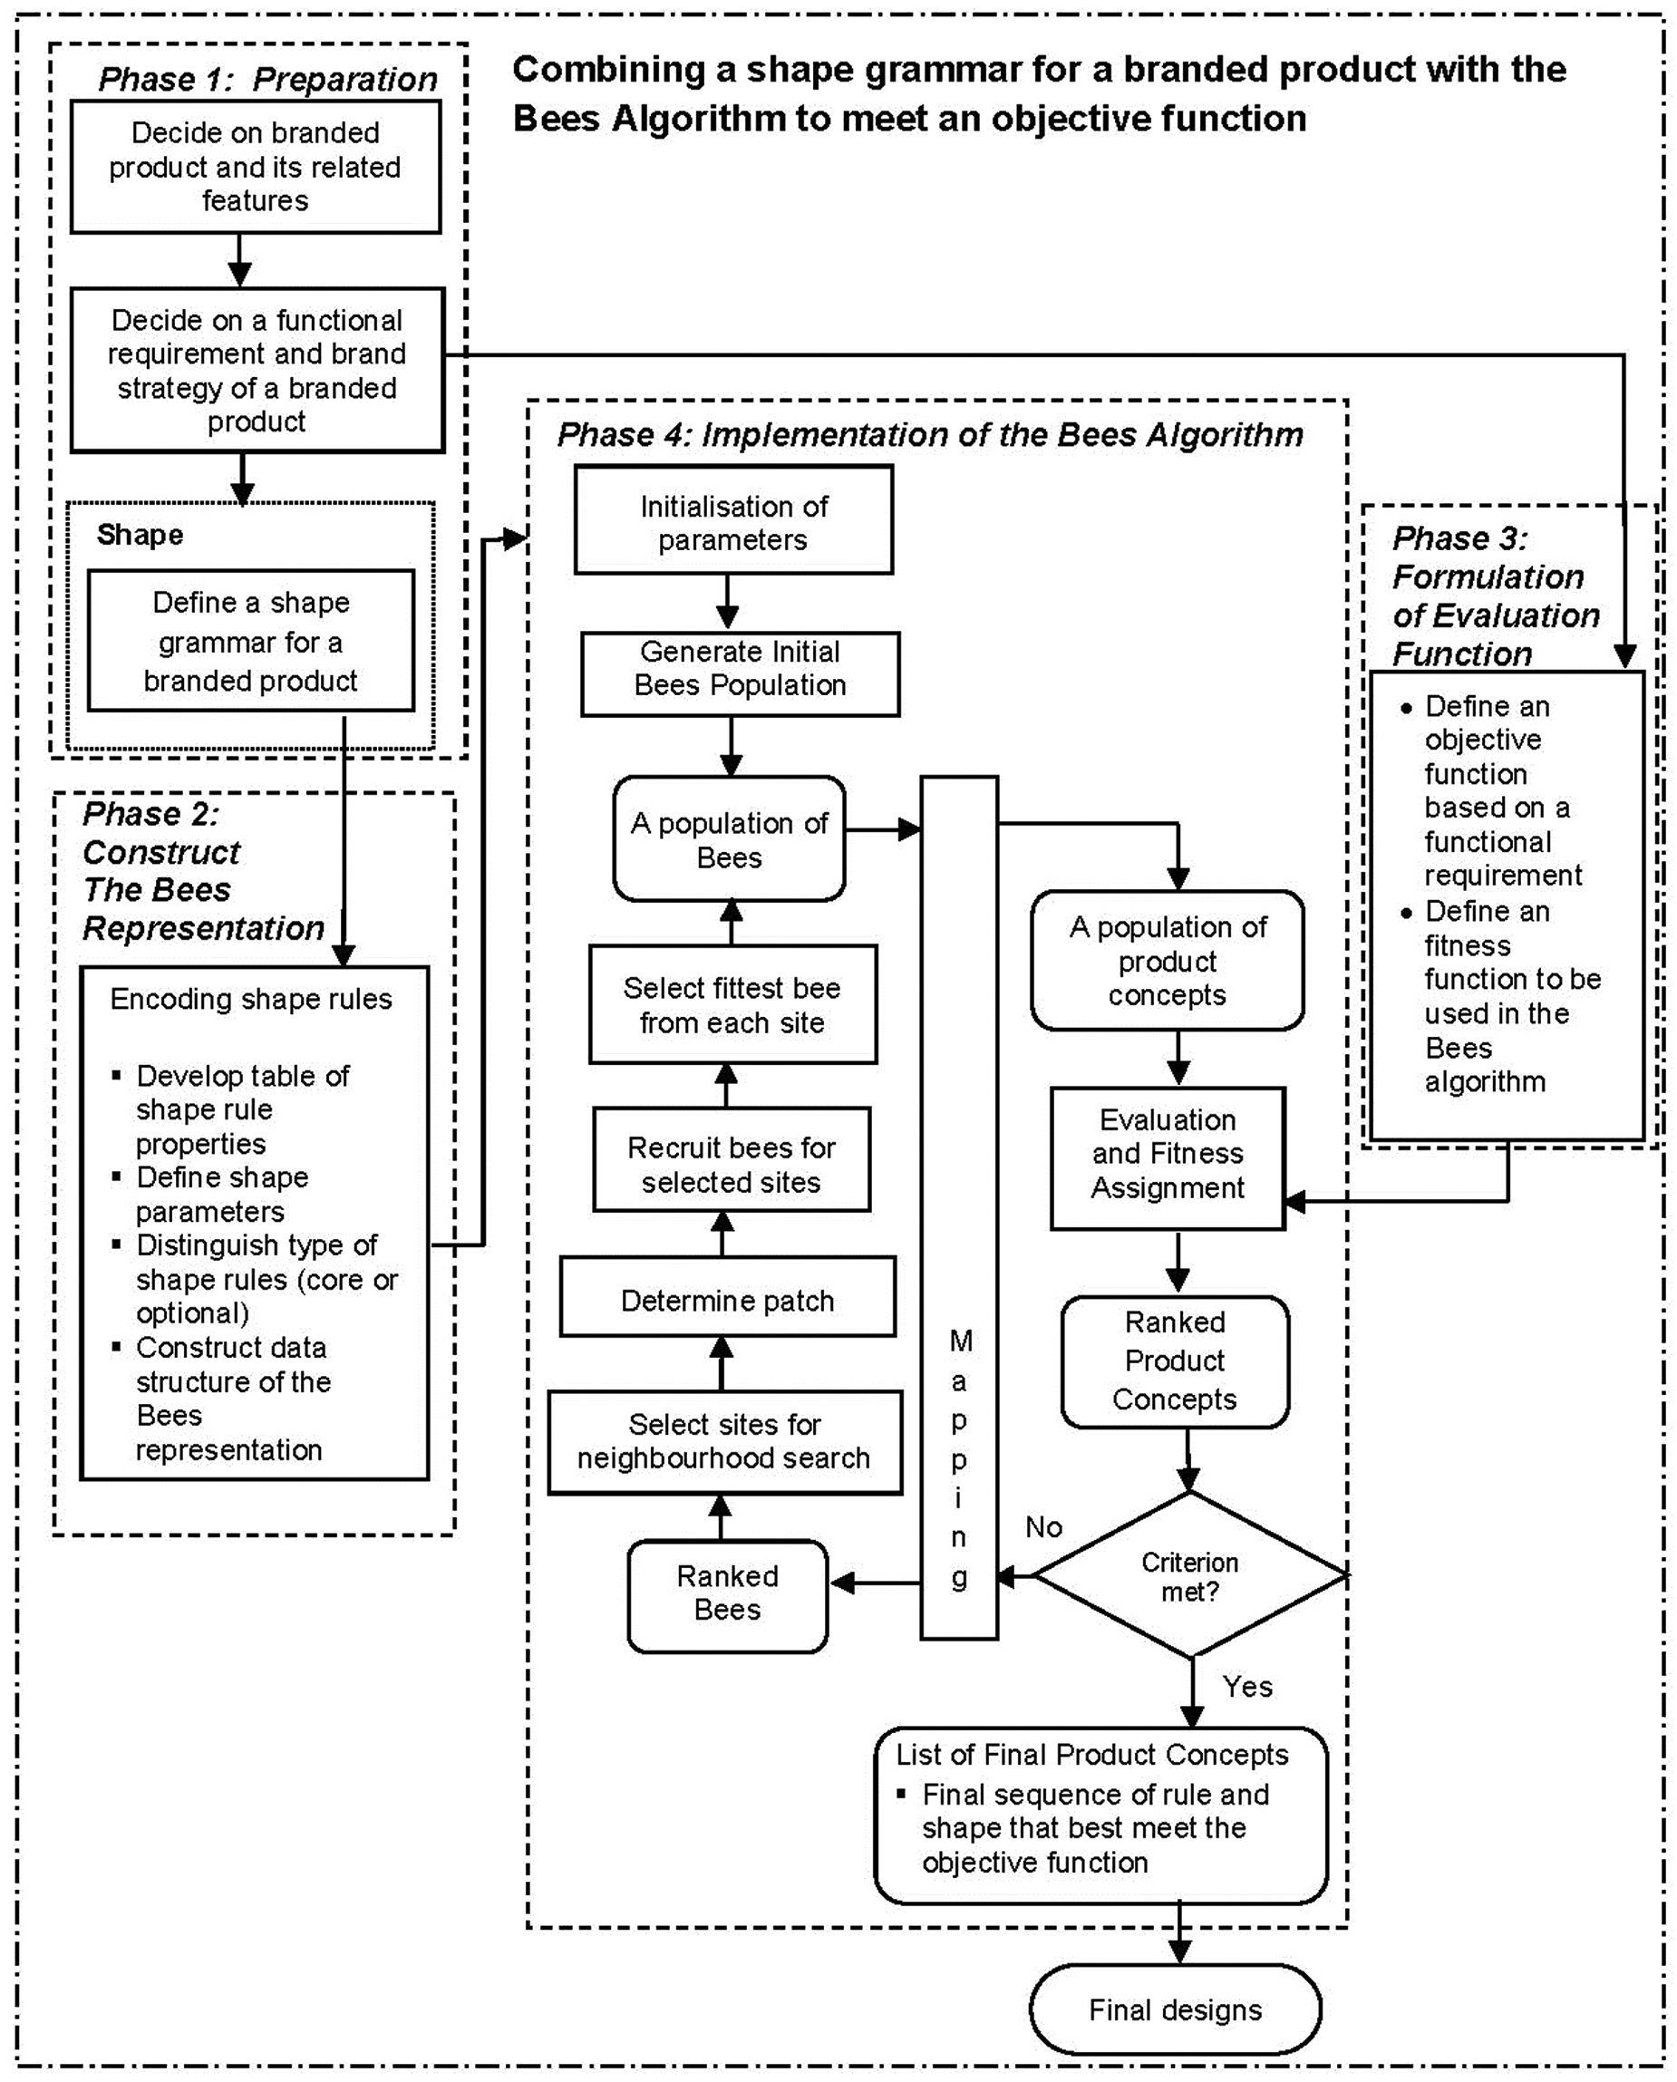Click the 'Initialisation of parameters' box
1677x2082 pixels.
point(733,519)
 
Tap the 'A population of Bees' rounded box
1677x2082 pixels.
point(730,838)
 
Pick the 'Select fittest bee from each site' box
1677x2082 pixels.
point(733,1004)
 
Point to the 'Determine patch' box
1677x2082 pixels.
point(727,1296)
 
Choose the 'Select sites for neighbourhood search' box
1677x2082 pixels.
point(724,1442)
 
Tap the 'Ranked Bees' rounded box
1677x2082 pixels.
point(727,1595)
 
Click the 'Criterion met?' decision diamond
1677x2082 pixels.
point(1190,1575)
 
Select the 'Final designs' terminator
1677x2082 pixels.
point(1175,2009)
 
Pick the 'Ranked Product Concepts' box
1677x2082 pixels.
point(1175,1361)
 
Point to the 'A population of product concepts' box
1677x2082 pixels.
point(1167,960)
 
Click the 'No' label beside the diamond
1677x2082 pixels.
point(1043,1526)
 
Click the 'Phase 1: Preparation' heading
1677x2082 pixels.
point(267,79)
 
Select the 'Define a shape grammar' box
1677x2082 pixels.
point(251,640)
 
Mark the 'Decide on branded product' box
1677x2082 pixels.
point(255,166)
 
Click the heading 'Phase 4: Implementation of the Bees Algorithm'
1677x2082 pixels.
point(929,435)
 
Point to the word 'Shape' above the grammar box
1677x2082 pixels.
point(141,535)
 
